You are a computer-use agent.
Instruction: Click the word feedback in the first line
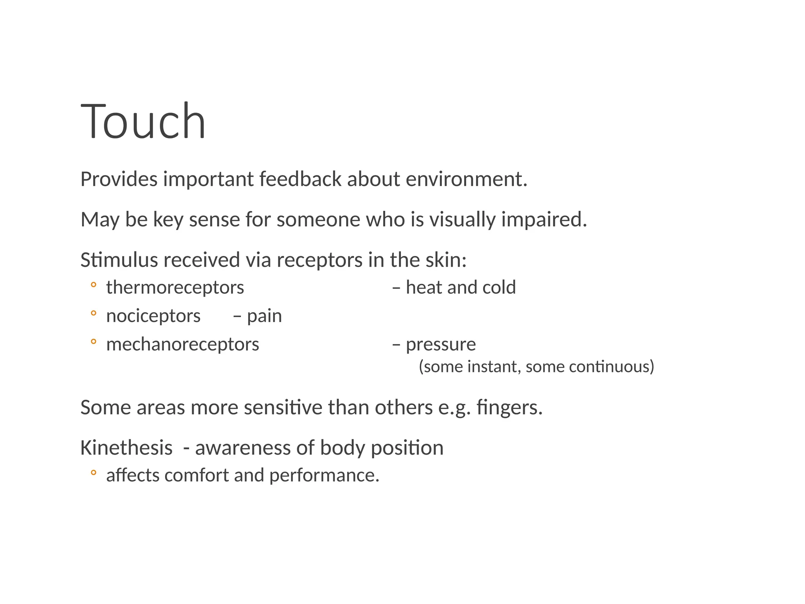300,179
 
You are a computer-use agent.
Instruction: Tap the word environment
466,179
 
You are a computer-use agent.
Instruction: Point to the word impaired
544,219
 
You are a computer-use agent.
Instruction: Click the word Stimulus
119,260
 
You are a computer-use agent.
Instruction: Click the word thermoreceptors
175,287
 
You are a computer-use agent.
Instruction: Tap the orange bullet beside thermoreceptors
93,285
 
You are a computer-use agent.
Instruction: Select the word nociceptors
153,316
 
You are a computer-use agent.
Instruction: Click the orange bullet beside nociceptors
93,313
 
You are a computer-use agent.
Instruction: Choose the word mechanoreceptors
182,344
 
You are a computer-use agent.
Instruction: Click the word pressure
441,345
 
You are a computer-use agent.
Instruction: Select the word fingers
509,407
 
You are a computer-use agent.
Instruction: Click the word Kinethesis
126,447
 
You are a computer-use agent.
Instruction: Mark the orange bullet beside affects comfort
93,473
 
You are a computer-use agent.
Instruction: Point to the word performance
324,475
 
